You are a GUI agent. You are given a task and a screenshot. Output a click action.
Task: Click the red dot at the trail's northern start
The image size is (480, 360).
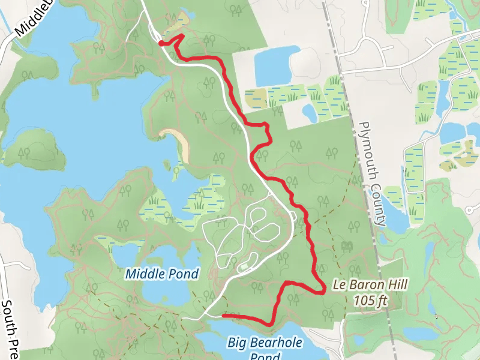(161, 43)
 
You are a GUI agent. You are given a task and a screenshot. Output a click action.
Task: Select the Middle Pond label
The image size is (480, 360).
(161, 274)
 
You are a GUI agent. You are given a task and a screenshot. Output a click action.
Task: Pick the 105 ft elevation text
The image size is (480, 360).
(369, 300)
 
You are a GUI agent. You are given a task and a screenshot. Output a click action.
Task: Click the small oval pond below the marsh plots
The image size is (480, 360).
(310, 112)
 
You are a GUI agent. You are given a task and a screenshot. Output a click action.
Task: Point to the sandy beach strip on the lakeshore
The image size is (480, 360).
(178, 143)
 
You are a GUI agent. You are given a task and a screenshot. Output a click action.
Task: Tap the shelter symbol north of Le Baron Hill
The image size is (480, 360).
(346, 245)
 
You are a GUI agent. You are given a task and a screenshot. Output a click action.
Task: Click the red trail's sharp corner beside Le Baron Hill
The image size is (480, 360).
(324, 290)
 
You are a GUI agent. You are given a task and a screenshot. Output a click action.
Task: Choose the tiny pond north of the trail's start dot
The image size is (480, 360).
(182, 14)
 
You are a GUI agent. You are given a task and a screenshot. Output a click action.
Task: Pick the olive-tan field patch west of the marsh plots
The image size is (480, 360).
(255, 97)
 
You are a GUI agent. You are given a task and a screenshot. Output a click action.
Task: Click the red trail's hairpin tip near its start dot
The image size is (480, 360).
(181, 37)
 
